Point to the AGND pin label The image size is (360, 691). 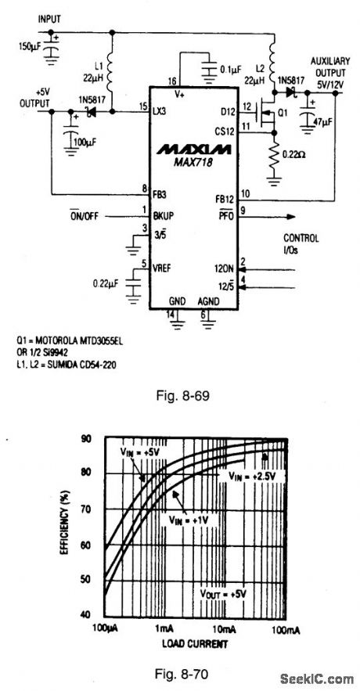click(x=208, y=301)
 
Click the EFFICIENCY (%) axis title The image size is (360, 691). click(x=68, y=527)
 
